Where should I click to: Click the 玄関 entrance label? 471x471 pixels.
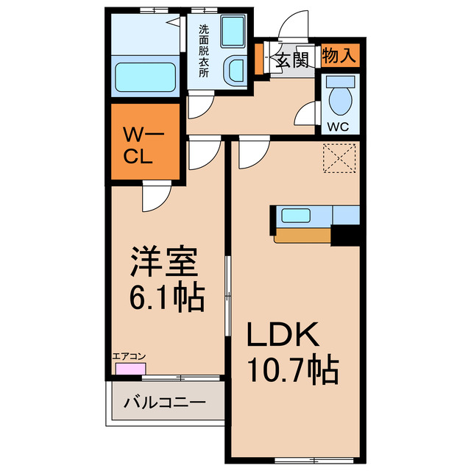pyautogui.click(x=292, y=60)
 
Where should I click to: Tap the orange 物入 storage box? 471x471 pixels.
pyautogui.click(x=339, y=54)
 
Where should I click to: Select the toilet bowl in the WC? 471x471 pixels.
pyautogui.click(x=340, y=96)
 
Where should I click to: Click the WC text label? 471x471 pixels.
pyautogui.click(x=338, y=126)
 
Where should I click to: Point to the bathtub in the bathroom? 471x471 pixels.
pyautogui.click(x=145, y=76)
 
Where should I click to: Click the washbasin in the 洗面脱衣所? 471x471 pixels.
pyautogui.click(x=235, y=71)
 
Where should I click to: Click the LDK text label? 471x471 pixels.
pyautogui.click(x=283, y=336)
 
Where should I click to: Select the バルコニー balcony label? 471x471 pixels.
pyautogui.click(x=164, y=403)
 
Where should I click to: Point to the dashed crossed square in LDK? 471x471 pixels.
pyautogui.click(x=340, y=157)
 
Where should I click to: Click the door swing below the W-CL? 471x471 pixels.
pyautogui.click(x=156, y=196)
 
